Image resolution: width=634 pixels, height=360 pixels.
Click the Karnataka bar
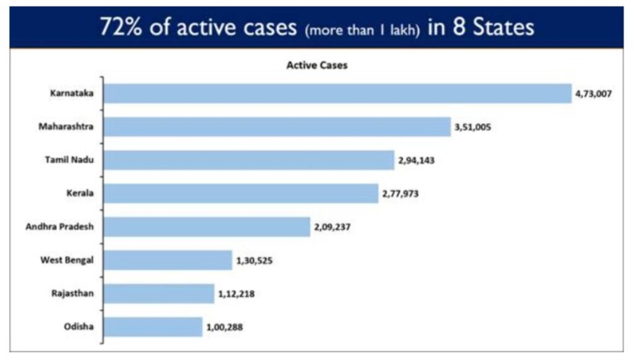point(337,94)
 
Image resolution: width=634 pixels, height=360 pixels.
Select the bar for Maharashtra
point(277,127)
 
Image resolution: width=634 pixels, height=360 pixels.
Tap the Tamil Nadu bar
point(249,160)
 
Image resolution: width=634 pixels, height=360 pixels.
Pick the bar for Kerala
point(241,193)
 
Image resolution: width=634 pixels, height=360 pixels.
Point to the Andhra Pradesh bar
point(207,227)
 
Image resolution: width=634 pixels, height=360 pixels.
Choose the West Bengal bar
point(168,260)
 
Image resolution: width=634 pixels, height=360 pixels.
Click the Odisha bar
point(153,327)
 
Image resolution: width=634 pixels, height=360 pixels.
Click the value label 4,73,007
point(594,94)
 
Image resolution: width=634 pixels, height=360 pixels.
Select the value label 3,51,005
point(474,128)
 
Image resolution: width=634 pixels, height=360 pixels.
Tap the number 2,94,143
point(417,161)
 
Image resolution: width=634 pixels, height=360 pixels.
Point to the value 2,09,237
point(332,227)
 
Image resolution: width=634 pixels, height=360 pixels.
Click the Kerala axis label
point(80,193)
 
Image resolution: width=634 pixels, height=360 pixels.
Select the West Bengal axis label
point(67,260)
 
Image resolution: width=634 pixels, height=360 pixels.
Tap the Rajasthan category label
point(72,293)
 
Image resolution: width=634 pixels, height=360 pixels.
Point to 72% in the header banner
point(123,28)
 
